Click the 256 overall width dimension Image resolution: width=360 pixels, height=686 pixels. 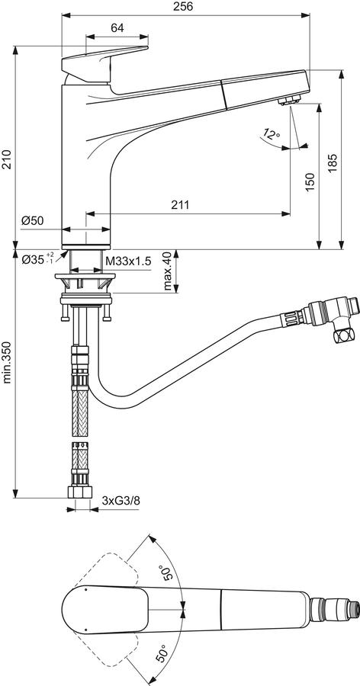184,6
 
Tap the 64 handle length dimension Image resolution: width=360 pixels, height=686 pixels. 117,28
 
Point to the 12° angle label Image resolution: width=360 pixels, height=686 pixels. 272,134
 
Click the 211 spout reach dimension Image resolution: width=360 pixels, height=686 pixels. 181,205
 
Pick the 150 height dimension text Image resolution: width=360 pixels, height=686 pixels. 310,181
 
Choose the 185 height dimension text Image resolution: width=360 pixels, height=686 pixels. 332,163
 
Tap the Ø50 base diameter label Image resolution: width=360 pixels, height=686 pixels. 32,221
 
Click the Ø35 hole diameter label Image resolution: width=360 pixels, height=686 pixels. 38,259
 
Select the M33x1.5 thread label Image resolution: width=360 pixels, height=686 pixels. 128,261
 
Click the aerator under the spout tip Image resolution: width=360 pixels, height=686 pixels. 289,101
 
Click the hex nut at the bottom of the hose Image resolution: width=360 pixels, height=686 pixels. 80,492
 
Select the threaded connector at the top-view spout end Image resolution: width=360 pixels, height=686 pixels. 335,609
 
